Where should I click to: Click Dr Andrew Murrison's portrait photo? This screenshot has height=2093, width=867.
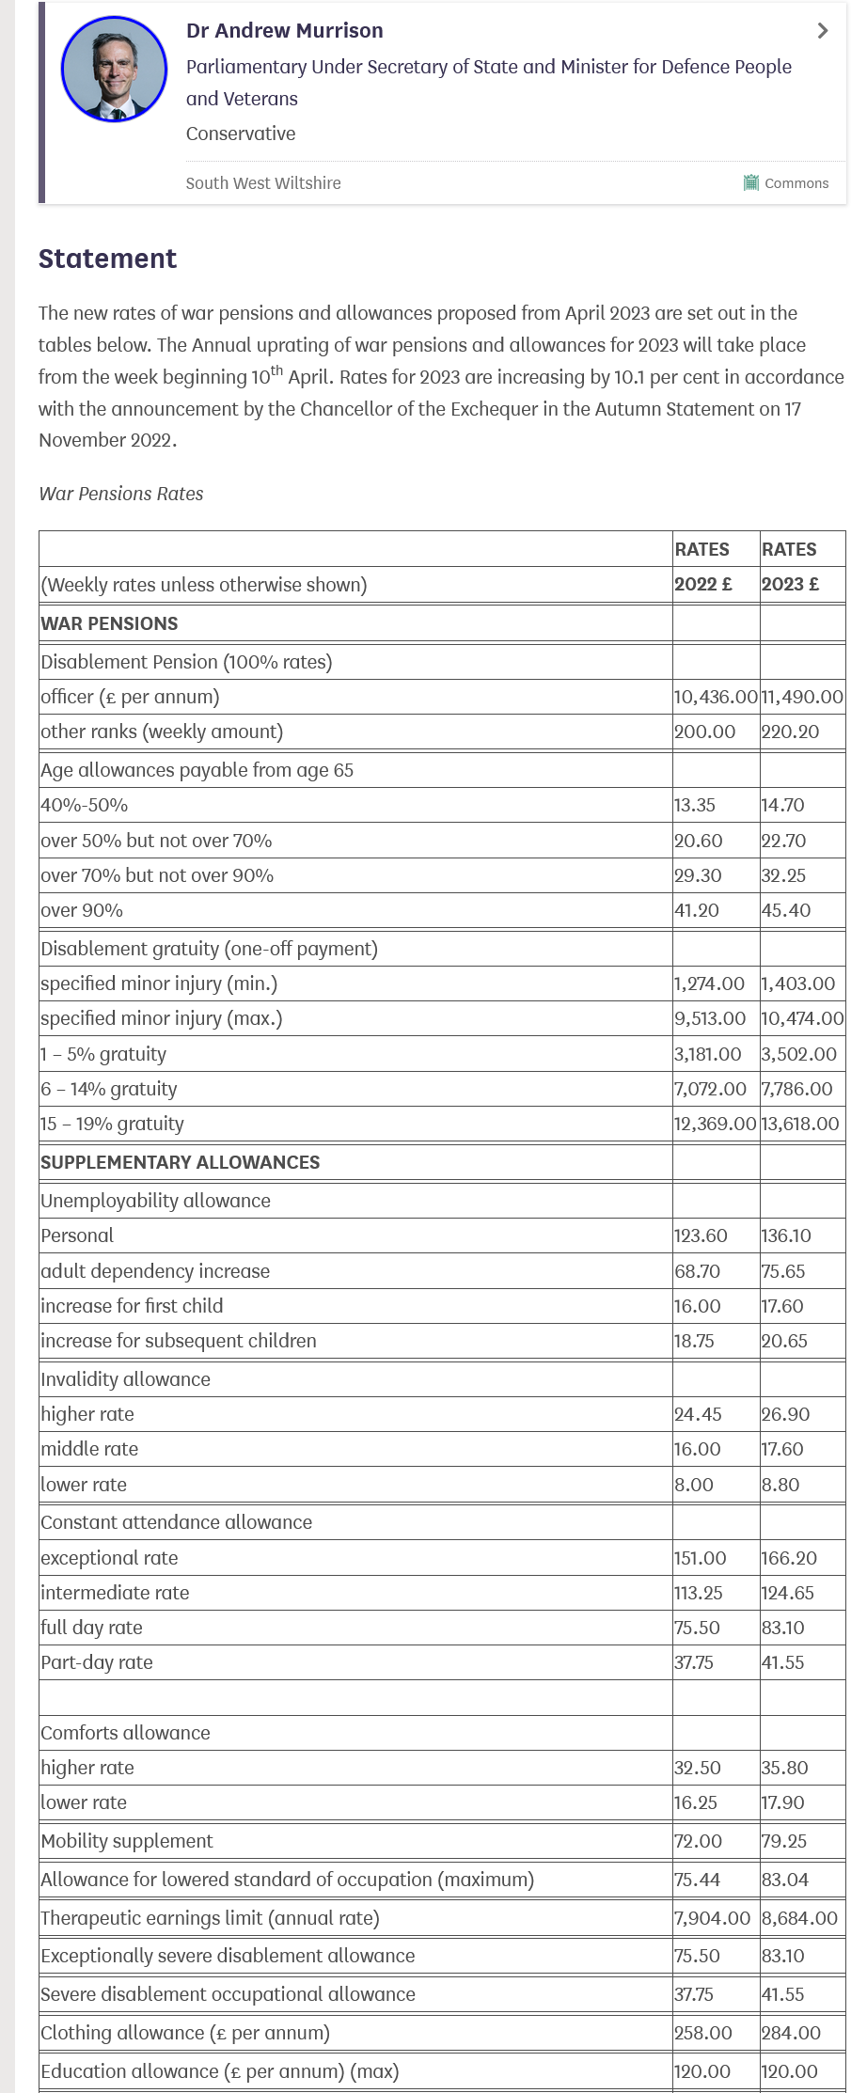114,69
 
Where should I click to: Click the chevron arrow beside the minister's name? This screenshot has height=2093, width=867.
823,31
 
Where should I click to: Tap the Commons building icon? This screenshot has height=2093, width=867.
750,182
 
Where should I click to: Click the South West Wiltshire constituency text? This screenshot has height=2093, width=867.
263,183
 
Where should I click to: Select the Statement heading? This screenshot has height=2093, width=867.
107,259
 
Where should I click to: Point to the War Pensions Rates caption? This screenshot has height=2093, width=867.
121,494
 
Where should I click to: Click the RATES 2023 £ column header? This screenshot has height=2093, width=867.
790,566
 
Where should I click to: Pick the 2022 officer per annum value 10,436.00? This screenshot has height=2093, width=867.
715,697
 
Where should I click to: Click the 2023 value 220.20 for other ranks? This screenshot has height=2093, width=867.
790,732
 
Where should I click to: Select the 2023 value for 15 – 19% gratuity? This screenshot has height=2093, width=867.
799,1124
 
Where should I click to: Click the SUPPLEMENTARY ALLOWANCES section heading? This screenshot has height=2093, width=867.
180,1162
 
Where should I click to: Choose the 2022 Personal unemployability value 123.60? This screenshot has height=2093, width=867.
701,1235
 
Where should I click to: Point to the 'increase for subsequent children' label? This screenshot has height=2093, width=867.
179,1341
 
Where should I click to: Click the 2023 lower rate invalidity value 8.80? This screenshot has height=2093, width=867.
780,1485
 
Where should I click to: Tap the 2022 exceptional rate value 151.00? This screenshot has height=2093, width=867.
701,1558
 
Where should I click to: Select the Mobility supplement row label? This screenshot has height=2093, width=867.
127,1841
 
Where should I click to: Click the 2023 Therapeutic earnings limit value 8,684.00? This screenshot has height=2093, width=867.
799,1918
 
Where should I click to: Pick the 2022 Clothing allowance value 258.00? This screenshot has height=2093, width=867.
702,2033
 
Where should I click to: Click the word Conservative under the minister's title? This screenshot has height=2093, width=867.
241,134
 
